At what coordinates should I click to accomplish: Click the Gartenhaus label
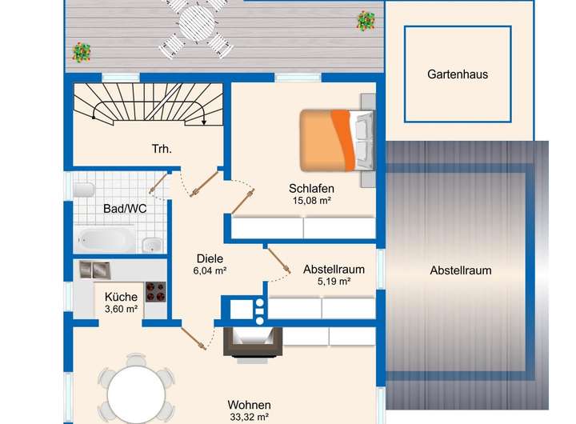[x=458, y=74]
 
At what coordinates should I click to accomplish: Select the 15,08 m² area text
[x=314, y=201]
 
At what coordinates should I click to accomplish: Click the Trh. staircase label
[x=163, y=148]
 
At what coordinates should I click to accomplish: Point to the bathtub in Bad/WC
[x=106, y=239]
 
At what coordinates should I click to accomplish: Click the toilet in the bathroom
[x=85, y=190]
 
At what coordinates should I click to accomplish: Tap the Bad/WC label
[x=125, y=209]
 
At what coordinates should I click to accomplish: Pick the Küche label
[x=121, y=297]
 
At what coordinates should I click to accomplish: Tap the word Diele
[x=210, y=258]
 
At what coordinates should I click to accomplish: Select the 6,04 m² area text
[x=210, y=270]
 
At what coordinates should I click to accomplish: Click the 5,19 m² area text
[x=334, y=281]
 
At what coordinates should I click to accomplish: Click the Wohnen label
[x=249, y=405]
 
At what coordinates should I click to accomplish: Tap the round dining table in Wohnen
[x=138, y=392]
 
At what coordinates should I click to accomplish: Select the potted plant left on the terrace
[x=82, y=52]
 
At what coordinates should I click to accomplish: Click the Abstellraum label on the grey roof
[x=460, y=270]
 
